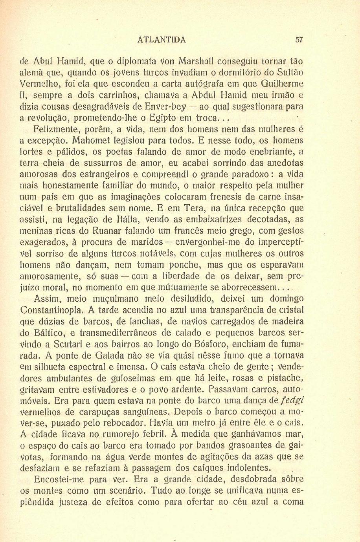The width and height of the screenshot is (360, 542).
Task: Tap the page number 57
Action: pyautogui.click(x=299, y=40)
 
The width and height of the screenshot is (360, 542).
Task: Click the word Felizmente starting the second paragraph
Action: pyautogui.click(x=53, y=129)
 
